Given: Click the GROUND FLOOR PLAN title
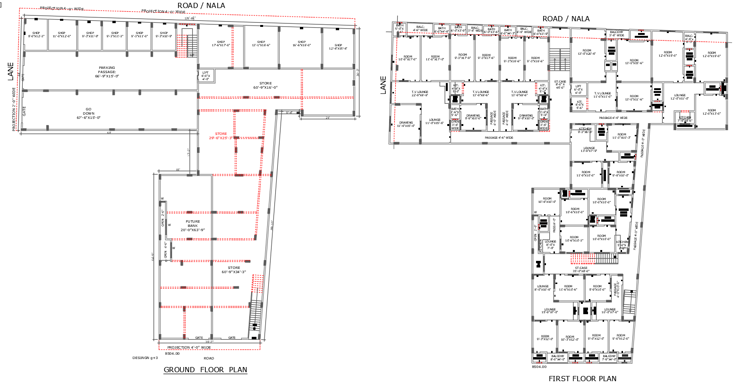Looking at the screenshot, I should coord(205,370).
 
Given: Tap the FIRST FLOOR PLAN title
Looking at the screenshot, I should coord(582,378).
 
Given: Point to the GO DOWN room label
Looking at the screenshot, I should coord(88,113).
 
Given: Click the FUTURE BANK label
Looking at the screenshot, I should coord(193,225).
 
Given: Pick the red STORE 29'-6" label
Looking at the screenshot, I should coord(221,136).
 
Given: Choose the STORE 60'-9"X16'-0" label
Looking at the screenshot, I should coord(265,85).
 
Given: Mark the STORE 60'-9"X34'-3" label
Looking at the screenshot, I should coord(234,270).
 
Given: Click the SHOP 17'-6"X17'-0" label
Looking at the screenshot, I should coord(221,43).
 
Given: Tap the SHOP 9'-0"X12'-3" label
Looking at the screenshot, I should coord(36,34).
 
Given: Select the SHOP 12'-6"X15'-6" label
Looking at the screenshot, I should coord(338,47).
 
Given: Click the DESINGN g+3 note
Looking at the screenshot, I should coord(145,358).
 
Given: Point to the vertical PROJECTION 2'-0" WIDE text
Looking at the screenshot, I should coord(14,109).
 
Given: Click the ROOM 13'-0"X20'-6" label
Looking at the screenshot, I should coord(587,52).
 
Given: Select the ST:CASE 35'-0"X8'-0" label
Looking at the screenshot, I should coord(581,269).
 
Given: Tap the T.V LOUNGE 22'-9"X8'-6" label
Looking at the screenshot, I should coord(419,93).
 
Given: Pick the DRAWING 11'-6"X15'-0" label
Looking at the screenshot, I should coord(406,124).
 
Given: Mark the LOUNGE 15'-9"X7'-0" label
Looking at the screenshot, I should coord(550,311).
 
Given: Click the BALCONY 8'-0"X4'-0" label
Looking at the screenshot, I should coord(557,358).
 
